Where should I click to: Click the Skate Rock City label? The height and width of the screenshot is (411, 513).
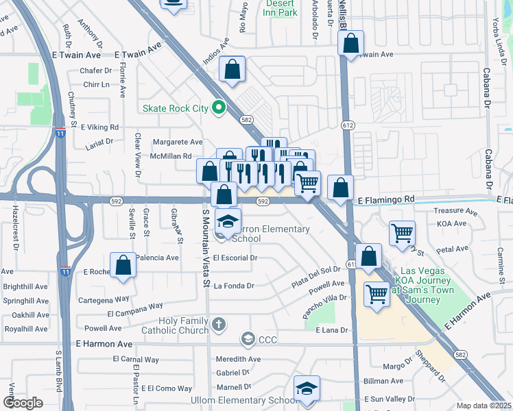click(x=175, y=108)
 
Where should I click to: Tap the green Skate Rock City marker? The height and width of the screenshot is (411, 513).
click(x=219, y=107)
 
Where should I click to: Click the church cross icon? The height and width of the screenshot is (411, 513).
click(x=218, y=323)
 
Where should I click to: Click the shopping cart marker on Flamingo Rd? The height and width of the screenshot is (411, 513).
click(x=308, y=182)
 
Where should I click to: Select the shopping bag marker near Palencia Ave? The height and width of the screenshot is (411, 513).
click(x=123, y=265)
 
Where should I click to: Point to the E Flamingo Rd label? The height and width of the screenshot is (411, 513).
click(x=387, y=199)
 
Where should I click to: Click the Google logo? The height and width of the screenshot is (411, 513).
click(x=23, y=403)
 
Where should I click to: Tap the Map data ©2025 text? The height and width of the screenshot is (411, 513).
click(x=484, y=406)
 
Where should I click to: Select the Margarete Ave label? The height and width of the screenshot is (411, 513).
click(x=178, y=142)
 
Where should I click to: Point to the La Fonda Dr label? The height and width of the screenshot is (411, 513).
click(x=234, y=286)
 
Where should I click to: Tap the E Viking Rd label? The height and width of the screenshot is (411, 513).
click(x=100, y=127)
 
